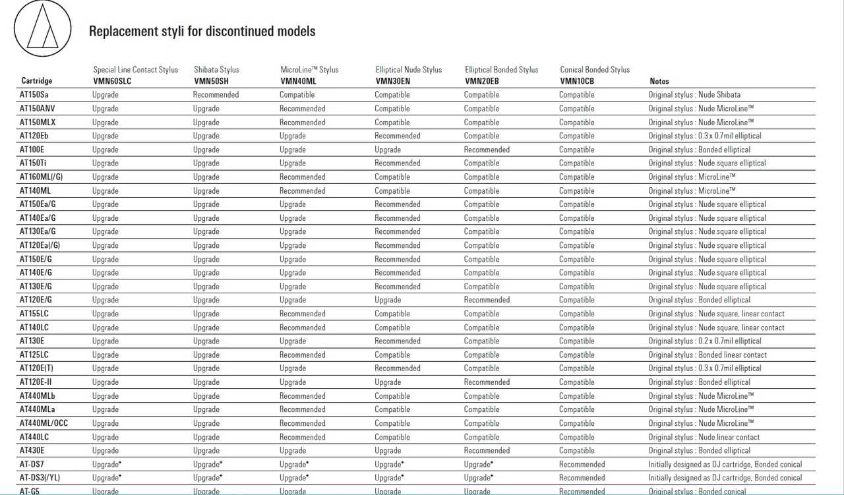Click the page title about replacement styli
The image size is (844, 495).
point(202,31)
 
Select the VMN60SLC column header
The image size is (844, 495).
point(113,81)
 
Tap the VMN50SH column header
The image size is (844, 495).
point(211,81)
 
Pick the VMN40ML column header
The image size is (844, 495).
point(298,81)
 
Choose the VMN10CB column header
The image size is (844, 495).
point(577,81)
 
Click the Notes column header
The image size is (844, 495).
point(659,81)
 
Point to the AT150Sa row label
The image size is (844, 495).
point(34,95)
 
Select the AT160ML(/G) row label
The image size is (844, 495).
point(41,177)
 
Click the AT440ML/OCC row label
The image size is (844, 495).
point(44,423)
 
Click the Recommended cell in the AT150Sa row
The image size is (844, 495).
point(216,95)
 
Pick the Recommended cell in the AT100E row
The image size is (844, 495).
point(487,150)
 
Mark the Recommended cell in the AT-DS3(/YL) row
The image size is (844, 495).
point(582,478)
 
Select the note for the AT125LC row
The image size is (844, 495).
point(708,355)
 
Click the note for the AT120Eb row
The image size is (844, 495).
point(704,136)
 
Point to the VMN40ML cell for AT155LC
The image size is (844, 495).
point(302,314)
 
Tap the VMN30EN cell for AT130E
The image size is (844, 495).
point(397,341)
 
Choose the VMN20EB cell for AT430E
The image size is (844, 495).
point(487,451)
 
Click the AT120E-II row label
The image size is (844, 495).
point(36,382)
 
